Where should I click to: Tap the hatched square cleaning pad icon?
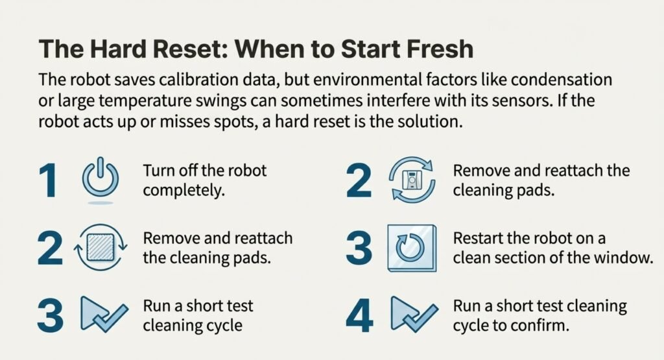pos(101,248)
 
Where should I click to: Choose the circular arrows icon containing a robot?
pos(410,180)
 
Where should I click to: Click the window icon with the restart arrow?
pos(411,248)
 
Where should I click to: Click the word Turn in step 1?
pos(158,171)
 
